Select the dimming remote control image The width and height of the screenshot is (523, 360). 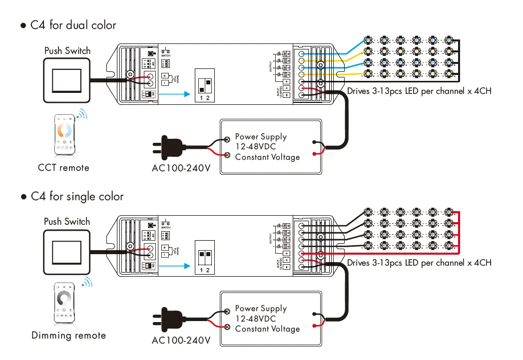tap(64, 303)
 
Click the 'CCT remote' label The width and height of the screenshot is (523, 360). tap(63, 168)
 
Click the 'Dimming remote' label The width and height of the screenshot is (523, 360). tap(68, 336)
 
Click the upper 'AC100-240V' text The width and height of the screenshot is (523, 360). tap(180, 169)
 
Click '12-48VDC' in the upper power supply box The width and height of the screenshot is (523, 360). tap(255, 147)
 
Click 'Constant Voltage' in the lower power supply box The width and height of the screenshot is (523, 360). tap(267, 329)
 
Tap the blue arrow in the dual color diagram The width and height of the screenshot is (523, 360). tap(178, 93)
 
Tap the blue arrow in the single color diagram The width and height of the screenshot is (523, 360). tap(178, 266)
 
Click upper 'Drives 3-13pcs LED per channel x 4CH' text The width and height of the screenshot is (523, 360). tap(419, 91)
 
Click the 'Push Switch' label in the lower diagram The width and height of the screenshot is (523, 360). tap(67, 222)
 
